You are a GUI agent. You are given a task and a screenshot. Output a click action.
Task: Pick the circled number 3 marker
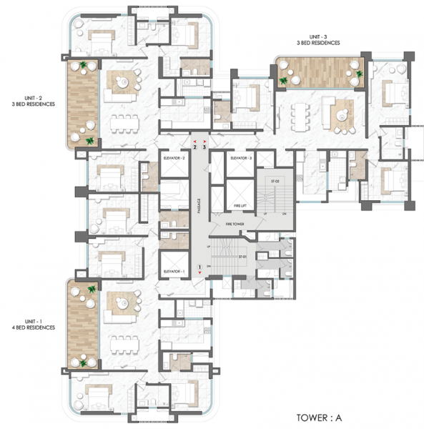(204, 148)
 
